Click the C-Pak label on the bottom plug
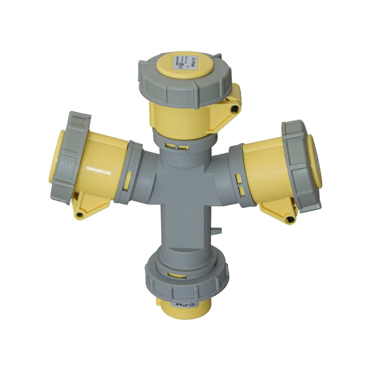184,305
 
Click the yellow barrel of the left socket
103,164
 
